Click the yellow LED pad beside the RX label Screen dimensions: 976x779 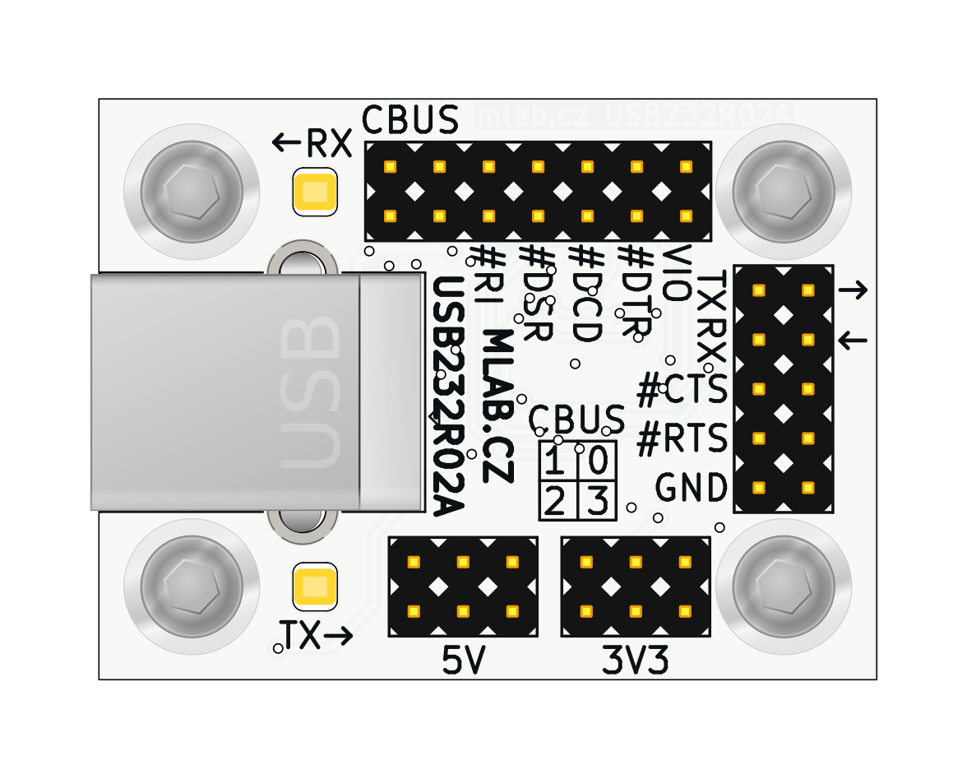coord(315,192)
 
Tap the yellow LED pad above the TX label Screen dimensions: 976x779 coord(315,586)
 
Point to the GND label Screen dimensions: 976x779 coord(692,488)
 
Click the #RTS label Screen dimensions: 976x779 coord(682,439)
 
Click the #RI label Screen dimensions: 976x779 coord(488,276)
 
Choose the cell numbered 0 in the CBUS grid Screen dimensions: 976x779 coord(598,460)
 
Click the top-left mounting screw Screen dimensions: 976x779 coord(192,192)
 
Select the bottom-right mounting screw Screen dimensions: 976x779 coord(783,586)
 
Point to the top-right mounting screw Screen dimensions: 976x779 coord(783,192)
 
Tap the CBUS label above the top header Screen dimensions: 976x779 coord(410,120)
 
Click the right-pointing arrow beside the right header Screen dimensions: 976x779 coord(853,290)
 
